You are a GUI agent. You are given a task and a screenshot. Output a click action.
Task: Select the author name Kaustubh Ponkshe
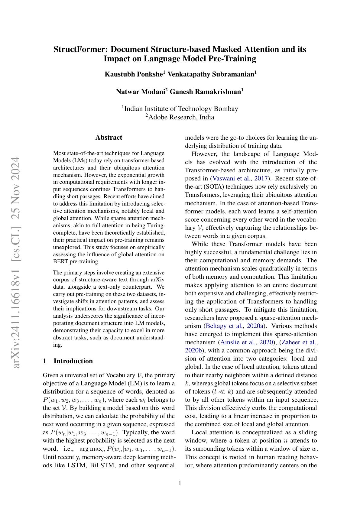[x=134, y=74]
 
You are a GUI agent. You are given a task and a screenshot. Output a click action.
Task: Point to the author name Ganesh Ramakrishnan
[x=206, y=92]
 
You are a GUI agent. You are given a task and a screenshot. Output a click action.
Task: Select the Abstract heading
[x=109, y=138]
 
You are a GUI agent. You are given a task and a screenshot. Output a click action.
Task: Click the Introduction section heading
[x=73, y=361]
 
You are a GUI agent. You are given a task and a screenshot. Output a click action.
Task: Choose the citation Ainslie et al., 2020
[x=247, y=342]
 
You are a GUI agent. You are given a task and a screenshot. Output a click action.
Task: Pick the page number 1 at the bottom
[x=180, y=483]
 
